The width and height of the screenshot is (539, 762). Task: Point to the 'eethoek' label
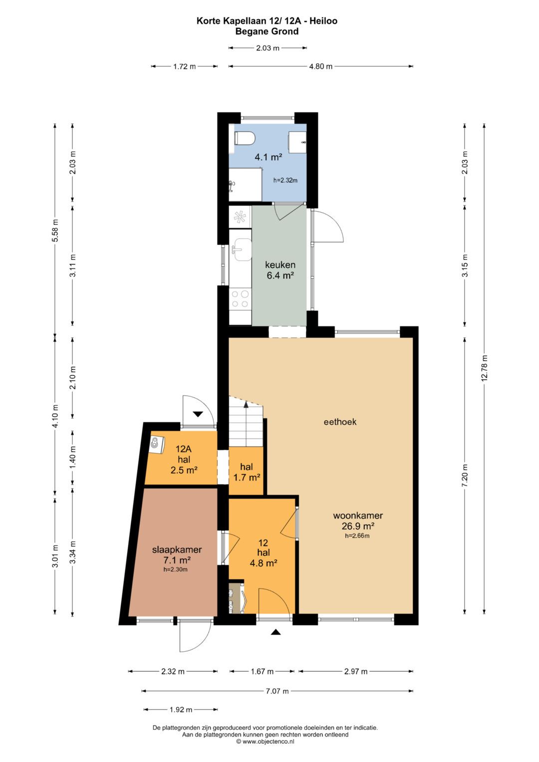340,422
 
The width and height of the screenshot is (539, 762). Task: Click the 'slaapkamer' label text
177,549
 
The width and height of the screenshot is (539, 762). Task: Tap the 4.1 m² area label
269,157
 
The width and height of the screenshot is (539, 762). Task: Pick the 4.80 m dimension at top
320,66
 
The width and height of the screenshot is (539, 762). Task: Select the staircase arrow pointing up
246,403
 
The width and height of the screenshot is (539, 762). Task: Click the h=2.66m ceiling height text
357,536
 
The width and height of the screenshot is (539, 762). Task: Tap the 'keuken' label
280,264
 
